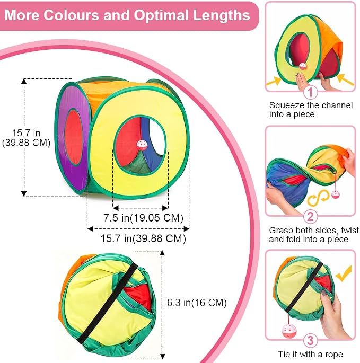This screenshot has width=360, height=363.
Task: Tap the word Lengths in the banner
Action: click(222, 15)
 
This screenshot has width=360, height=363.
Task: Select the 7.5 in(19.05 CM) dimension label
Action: click(143, 218)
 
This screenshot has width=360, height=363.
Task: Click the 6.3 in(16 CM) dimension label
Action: click(197, 303)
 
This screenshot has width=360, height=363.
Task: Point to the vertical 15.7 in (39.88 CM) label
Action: click(26, 138)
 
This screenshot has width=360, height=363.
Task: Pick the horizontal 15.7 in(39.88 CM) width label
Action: click(143, 238)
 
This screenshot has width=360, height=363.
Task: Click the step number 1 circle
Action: click(310, 92)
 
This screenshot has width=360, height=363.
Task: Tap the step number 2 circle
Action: click(310, 217)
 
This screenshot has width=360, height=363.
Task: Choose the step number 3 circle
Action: click(310, 341)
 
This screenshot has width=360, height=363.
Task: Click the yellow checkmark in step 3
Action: click(344, 274)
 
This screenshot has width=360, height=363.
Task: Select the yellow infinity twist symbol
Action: click(318, 198)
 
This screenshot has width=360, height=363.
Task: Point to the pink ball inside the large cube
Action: click(142, 145)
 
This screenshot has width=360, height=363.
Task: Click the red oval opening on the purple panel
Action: click(74, 137)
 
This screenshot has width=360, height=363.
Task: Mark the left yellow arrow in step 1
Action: click(274, 82)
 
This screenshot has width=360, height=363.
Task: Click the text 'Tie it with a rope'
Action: click(310, 354)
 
